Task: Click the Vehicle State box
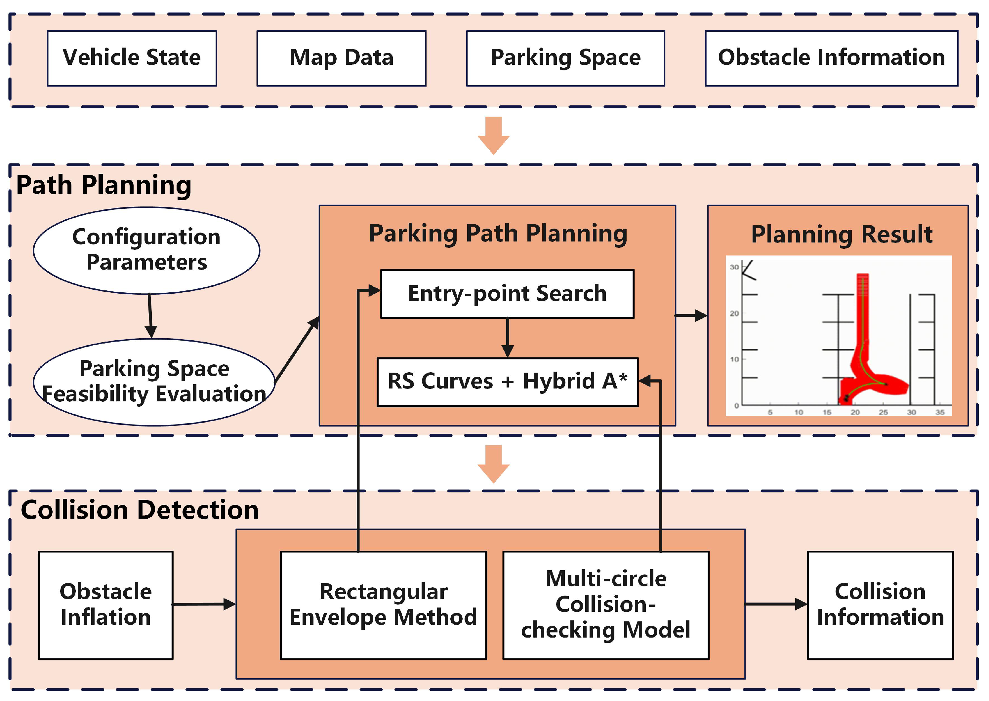click(132, 58)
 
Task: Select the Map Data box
click(341, 58)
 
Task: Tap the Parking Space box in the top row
click(565, 58)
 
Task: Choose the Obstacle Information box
click(831, 58)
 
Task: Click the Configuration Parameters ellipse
click(146, 250)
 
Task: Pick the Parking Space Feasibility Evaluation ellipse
click(154, 382)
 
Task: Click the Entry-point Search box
click(507, 294)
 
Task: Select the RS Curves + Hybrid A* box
click(507, 382)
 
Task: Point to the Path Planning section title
click(104, 186)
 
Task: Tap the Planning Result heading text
click(842, 235)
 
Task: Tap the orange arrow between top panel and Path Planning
click(493, 135)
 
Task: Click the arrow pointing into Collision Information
click(775, 604)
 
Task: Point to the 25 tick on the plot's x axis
click(883, 412)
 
